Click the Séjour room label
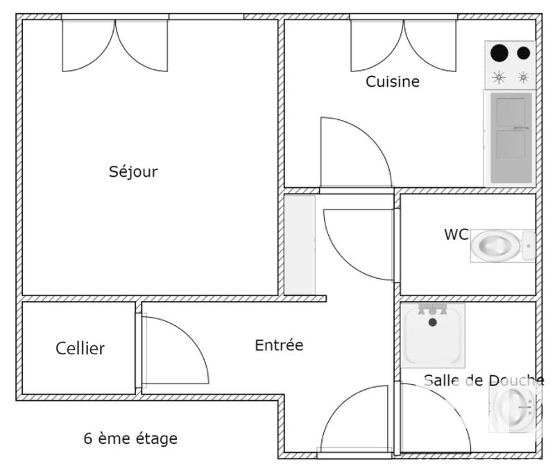[133, 171]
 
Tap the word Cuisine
[393, 82]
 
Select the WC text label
[456, 234]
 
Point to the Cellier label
[80, 348]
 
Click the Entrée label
[279, 345]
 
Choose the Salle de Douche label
[484, 380]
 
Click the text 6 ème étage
[130, 438]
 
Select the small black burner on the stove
[523, 53]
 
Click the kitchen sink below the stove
[511, 137]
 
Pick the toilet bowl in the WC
[495, 246]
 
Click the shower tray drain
[433, 322]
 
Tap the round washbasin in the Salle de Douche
[515, 409]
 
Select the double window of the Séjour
[115, 44]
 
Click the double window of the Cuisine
[403, 44]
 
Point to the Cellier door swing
[173, 350]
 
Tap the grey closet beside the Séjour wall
[300, 244]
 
